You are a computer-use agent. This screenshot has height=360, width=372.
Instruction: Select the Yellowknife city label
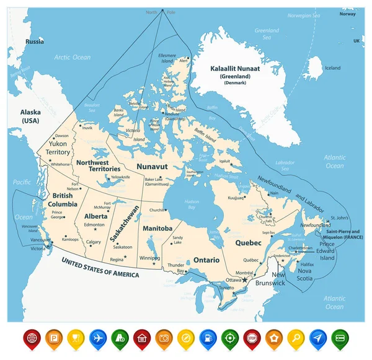click(122, 177)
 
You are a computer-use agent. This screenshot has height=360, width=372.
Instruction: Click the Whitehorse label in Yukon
click(61, 164)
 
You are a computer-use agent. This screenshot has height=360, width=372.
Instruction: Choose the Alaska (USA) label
click(32, 116)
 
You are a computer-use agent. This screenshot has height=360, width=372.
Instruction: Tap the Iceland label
click(333, 68)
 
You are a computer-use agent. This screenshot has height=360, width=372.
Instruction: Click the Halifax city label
click(307, 265)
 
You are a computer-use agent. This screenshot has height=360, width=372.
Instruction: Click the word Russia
click(34, 42)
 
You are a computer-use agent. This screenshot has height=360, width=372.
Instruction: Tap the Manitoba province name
click(157, 228)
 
